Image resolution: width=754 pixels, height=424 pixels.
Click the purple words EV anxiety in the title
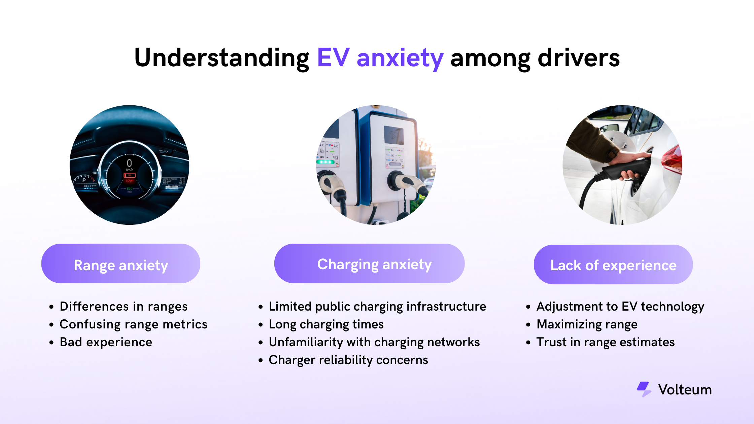380,58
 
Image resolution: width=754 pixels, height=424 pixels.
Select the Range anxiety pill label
121,265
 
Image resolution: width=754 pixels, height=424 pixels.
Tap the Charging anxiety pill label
374,264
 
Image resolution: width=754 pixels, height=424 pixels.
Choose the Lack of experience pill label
613,265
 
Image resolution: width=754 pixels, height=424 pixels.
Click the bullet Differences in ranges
124,307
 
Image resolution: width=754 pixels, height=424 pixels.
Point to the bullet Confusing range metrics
133,324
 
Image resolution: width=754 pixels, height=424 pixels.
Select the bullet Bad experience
106,342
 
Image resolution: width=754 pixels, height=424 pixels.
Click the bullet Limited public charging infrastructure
377,307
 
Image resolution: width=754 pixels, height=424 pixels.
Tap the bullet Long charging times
326,324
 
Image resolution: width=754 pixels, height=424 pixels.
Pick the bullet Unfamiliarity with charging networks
374,342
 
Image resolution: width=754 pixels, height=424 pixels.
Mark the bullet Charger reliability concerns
348,360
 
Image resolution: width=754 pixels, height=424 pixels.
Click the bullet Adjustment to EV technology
620,307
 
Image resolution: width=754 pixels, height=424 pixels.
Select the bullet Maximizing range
587,324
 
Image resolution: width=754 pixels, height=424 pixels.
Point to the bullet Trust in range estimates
606,342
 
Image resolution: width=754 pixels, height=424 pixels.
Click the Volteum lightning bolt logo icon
644,389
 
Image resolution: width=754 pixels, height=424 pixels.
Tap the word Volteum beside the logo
685,390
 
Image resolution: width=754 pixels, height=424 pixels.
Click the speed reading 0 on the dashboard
129,163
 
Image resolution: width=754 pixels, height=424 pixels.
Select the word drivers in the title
579,58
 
